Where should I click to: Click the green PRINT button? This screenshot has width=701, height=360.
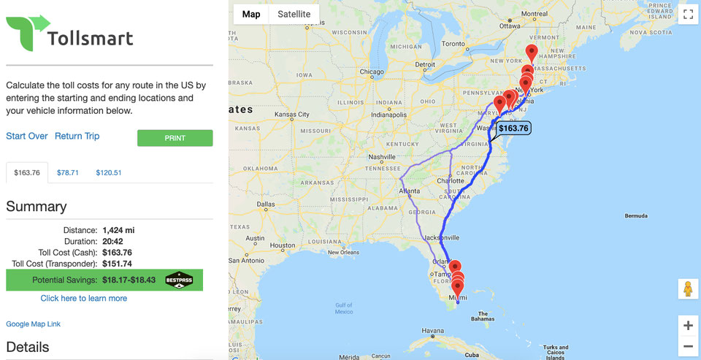(175, 138)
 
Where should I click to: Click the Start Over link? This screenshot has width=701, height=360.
(27, 137)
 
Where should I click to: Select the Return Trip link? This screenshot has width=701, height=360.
(77, 137)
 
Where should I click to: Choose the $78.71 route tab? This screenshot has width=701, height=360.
(68, 173)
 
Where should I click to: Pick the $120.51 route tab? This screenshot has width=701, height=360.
(108, 173)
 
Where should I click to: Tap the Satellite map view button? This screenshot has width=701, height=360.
(294, 15)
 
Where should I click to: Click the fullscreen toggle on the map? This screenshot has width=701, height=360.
(687, 14)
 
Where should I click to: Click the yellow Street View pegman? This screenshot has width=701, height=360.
(687, 288)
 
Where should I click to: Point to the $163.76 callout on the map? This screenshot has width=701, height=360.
(513, 128)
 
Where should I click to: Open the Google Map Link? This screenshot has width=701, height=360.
(33, 324)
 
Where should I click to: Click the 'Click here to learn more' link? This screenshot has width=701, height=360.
(84, 298)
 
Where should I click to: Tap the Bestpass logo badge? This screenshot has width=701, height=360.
(179, 280)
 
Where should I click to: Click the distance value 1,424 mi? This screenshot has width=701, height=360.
(118, 230)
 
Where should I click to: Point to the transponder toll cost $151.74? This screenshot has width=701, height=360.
(117, 264)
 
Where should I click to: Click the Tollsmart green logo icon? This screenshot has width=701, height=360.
(27, 31)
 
